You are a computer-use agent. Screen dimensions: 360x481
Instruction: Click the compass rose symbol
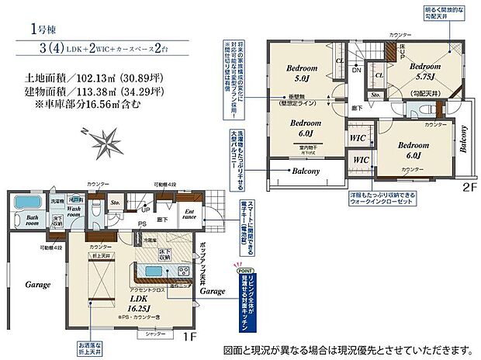(102, 141)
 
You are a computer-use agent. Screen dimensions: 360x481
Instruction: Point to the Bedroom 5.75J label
(427, 71)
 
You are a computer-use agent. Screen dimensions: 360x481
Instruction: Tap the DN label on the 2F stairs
(356, 70)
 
